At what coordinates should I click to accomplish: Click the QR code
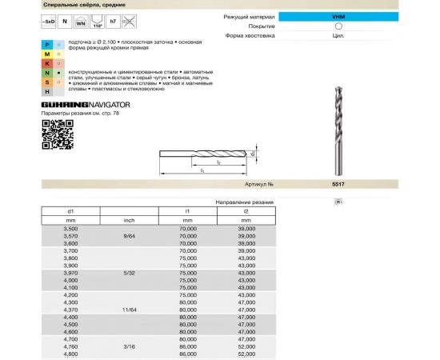click(52, 130)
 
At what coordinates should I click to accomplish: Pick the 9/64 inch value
click(129, 236)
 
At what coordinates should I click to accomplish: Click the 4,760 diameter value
click(70, 346)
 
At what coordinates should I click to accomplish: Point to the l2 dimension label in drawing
click(219, 162)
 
